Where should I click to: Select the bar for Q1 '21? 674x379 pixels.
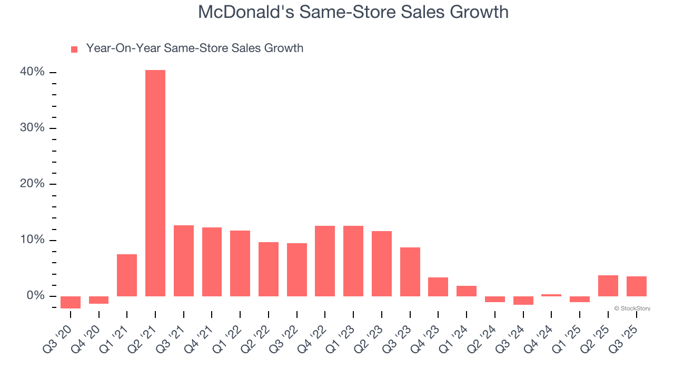click(x=127, y=275)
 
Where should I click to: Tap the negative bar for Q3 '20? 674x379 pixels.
click(x=71, y=302)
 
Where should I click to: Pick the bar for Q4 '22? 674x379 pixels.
click(x=325, y=261)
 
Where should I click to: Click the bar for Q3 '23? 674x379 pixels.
click(x=410, y=272)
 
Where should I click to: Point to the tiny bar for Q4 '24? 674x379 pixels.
click(x=551, y=295)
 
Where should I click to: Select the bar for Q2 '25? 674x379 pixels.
click(x=608, y=286)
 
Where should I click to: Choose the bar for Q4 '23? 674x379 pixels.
click(x=438, y=287)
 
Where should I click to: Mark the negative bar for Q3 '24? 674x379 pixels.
click(x=523, y=301)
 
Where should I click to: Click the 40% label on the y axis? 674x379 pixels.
click(x=33, y=72)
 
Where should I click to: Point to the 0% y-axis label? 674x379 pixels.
click(x=35, y=296)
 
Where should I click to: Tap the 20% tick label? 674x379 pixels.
click(x=33, y=184)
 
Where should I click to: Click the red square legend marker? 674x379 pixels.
click(x=74, y=49)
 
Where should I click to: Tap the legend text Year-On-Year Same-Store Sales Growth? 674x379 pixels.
click(x=194, y=48)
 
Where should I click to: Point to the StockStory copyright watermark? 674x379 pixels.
click(x=632, y=308)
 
